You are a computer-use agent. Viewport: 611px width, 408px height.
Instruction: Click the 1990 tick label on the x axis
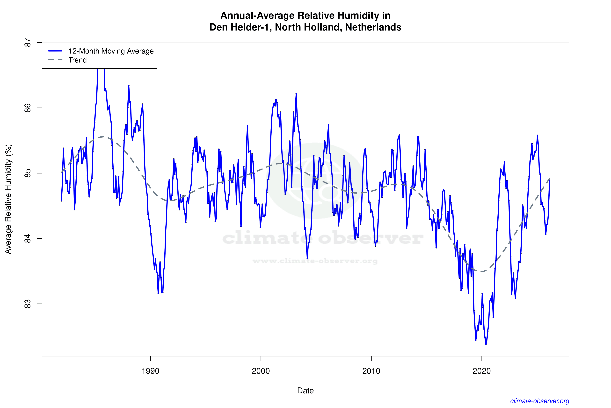150,371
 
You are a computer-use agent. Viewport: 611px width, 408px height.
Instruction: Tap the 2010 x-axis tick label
371,371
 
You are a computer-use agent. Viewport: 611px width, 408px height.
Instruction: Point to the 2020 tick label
482,371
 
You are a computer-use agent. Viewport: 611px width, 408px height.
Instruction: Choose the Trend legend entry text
77,60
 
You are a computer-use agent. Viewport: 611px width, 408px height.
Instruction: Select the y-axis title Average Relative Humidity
8,199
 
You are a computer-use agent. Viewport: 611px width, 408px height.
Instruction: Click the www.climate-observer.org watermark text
315,261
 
